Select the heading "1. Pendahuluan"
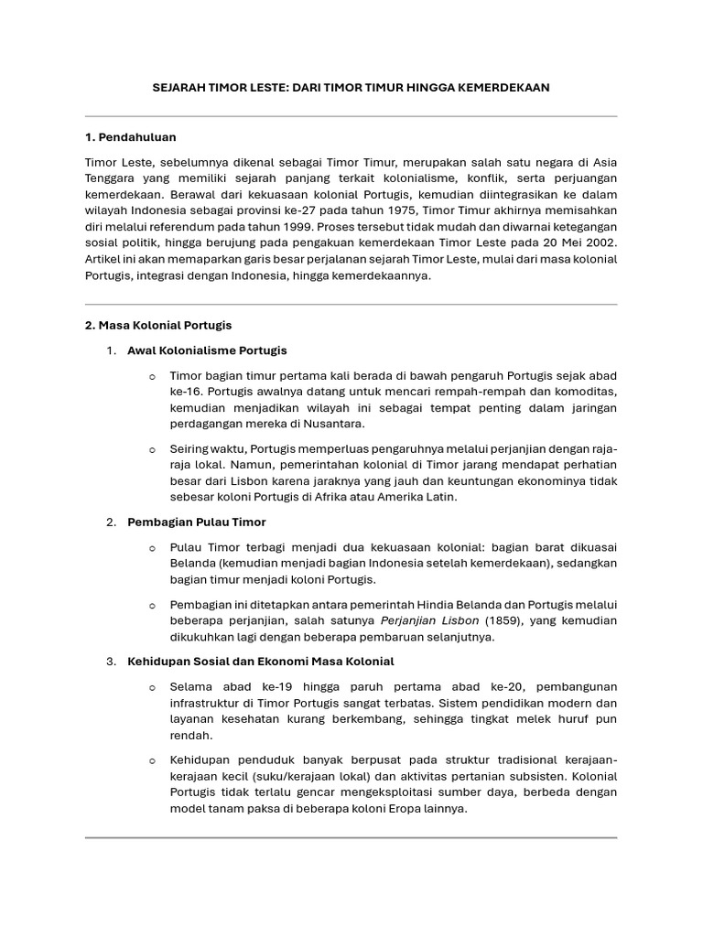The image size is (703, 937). point(130,137)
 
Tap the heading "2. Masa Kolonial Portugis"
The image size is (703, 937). point(158,325)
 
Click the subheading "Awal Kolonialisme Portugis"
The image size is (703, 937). point(207,350)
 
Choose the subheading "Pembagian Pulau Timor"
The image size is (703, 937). point(197,522)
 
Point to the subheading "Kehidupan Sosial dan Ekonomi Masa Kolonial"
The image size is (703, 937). point(261,661)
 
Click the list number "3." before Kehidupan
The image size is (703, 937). point(111,661)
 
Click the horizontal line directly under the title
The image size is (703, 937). point(351,116)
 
